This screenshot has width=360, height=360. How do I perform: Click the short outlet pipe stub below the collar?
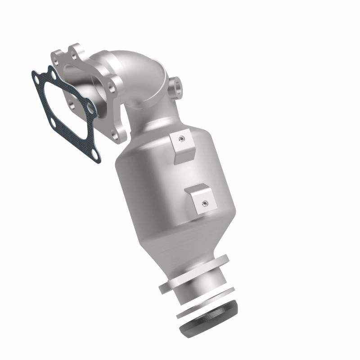point(198,292)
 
